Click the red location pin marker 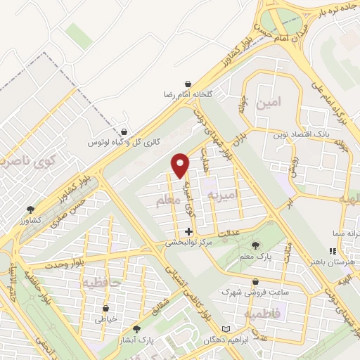(181, 165)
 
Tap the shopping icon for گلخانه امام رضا (188, 83)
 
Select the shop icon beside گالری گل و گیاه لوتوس (124, 131)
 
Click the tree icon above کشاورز (30, 210)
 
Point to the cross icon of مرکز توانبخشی (188, 231)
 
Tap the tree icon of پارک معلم (255, 245)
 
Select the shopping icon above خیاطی (106, 307)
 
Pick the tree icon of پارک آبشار (136, 328)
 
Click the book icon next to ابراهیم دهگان (225, 329)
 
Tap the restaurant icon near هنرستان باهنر (333, 251)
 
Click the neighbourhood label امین (269, 103)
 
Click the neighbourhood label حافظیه (101, 283)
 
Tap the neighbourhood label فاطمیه (262, 314)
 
